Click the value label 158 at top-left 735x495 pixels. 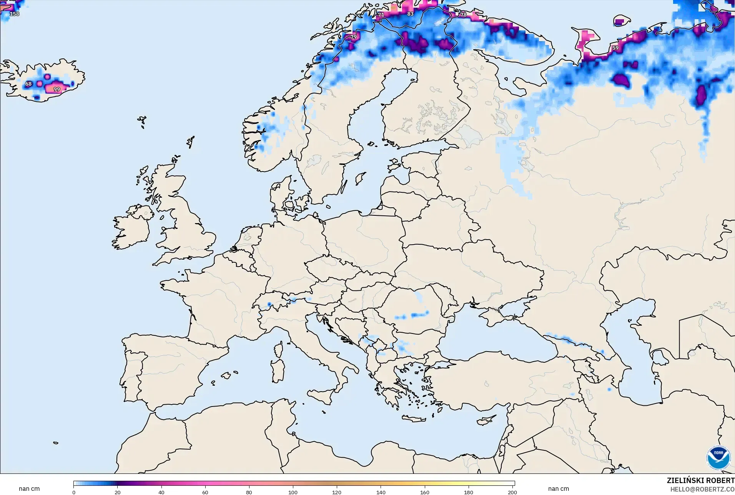point(14,14)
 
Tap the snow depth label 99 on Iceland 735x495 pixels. point(57,89)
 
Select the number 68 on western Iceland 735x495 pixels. point(28,84)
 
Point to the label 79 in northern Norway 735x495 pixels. point(353,37)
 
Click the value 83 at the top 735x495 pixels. point(410,14)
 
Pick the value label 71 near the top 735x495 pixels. point(381,15)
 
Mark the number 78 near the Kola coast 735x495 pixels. point(463,15)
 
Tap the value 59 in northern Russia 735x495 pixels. point(615,48)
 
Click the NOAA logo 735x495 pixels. point(718,458)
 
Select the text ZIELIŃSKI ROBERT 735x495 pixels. point(700,481)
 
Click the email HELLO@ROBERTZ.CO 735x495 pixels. point(702,490)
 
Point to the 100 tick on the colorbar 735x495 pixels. point(293,492)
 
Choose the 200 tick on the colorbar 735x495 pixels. point(512,492)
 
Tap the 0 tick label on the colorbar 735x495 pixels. point(74,492)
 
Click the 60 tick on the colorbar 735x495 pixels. point(205,492)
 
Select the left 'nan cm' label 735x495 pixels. point(29,489)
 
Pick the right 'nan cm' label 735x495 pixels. point(558,489)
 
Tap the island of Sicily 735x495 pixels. point(321,395)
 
